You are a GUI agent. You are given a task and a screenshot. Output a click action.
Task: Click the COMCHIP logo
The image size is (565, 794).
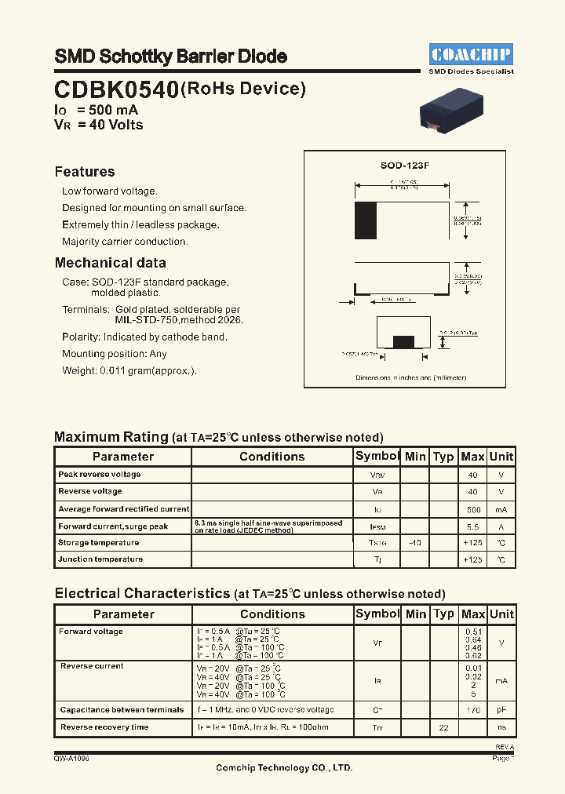point(471,54)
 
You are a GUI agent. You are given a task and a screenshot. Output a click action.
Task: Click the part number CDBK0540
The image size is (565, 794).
point(116,90)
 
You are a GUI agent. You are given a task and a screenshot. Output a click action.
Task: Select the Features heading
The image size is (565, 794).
point(85,172)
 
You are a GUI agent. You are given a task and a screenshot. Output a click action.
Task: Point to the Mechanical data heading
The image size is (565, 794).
point(110,263)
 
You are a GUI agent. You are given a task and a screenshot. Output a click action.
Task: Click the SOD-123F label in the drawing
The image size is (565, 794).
point(404,166)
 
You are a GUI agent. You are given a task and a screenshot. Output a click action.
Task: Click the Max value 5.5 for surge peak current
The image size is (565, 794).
point(472,526)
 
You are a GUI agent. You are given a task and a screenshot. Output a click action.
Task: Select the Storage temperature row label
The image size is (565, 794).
point(98,543)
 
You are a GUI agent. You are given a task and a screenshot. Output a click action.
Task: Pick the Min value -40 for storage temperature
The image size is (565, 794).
point(415,543)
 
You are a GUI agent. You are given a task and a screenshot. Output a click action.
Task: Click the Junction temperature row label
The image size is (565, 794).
point(100,559)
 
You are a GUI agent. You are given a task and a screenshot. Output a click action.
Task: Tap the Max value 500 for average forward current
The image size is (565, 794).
point(472,509)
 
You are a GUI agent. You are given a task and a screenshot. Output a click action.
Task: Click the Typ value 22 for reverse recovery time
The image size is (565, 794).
point(443,728)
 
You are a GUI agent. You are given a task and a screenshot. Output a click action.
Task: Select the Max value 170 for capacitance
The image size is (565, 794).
point(472,710)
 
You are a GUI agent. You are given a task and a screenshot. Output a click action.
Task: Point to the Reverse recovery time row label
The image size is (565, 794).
point(104,727)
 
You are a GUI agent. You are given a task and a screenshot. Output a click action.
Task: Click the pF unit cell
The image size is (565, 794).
point(501,710)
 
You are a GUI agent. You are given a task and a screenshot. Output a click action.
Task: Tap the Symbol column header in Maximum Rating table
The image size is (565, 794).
point(377,456)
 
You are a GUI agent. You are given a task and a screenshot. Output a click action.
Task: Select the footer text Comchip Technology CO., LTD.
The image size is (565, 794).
point(284,768)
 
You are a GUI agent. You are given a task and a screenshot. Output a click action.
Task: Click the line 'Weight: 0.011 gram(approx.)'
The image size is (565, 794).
point(129,371)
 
